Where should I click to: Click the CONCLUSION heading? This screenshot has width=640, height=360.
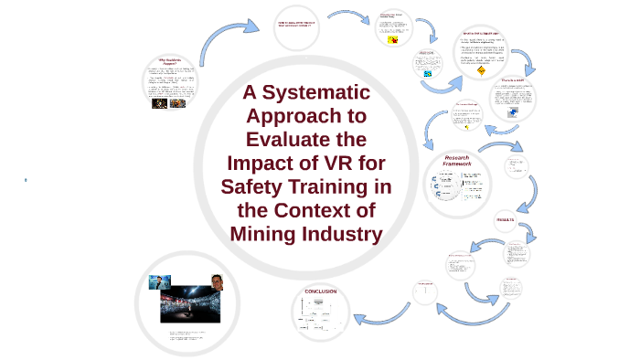[x=315, y=291]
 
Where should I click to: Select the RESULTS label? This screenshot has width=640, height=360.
[x=506, y=220]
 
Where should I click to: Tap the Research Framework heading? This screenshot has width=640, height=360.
[x=456, y=161]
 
